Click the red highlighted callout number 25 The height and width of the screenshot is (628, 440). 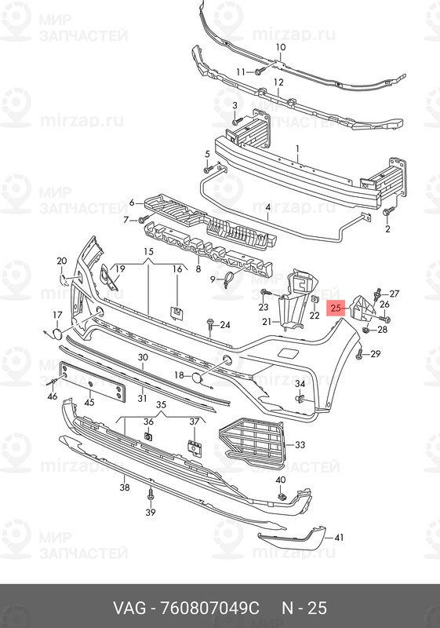(x=336, y=308)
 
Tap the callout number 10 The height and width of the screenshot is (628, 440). (x=281, y=47)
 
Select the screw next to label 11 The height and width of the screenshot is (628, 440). (x=260, y=71)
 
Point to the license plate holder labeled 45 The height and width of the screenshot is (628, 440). (x=93, y=382)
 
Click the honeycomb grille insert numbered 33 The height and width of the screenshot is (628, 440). (x=251, y=444)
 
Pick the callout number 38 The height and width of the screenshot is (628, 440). (x=125, y=487)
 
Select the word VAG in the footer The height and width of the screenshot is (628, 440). (x=129, y=608)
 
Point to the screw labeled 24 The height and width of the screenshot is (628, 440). (x=211, y=324)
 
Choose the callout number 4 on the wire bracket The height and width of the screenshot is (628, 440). (x=268, y=208)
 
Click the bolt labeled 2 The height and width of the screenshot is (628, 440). (x=387, y=211)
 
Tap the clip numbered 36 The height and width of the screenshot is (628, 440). (x=148, y=436)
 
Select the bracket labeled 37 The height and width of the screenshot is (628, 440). (x=194, y=447)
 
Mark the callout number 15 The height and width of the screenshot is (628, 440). (x=148, y=251)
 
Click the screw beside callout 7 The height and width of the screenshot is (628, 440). (x=143, y=219)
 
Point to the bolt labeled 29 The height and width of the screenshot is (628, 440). (x=360, y=354)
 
